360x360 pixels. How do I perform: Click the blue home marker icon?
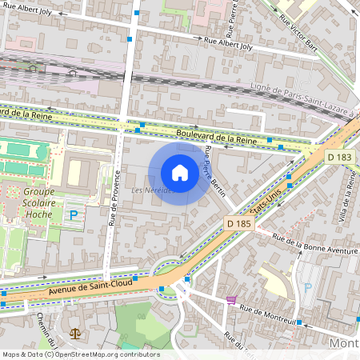[x=180, y=173]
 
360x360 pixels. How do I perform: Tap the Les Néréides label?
[x=151, y=190]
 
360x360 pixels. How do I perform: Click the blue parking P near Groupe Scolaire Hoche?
[x=74, y=214]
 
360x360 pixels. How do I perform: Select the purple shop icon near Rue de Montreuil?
[x=232, y=300]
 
